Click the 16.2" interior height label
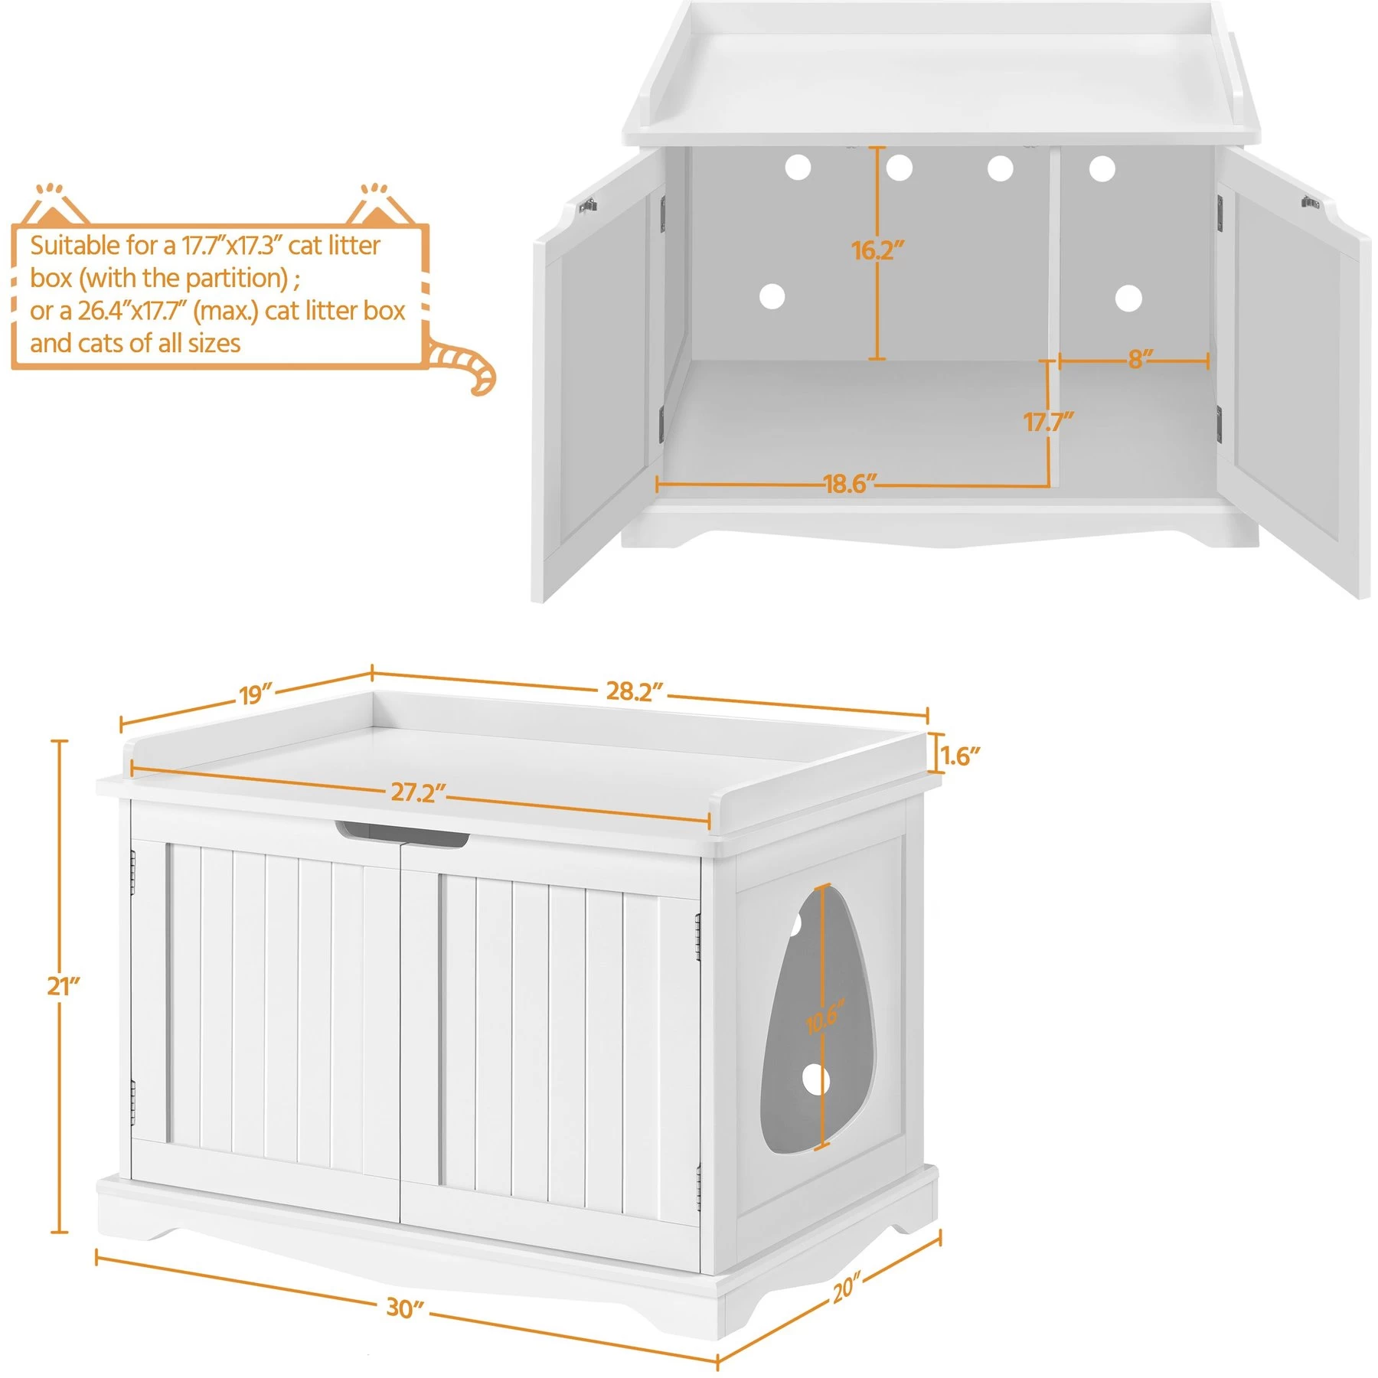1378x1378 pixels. click(x=877, y=250)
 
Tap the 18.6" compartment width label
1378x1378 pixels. click(x=849, y=484)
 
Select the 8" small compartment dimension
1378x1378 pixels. click(x=1140, y=358)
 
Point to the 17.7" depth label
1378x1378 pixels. click(x=1048, y=421)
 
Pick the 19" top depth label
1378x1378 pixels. click(x=256, y=694)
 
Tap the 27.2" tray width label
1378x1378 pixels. click(x=418, y=792)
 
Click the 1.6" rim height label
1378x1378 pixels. click(x=960, y=756)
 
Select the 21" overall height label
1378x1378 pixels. click(x=63, y=986)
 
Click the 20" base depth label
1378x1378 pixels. click(x=847, y=1288)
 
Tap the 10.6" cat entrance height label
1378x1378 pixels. click(x=824, y=1017)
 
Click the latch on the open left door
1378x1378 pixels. click(x=588, y=204)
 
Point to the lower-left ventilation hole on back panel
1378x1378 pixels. click(x=772, y=296)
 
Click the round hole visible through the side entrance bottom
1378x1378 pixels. click(x=816, y=1080)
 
